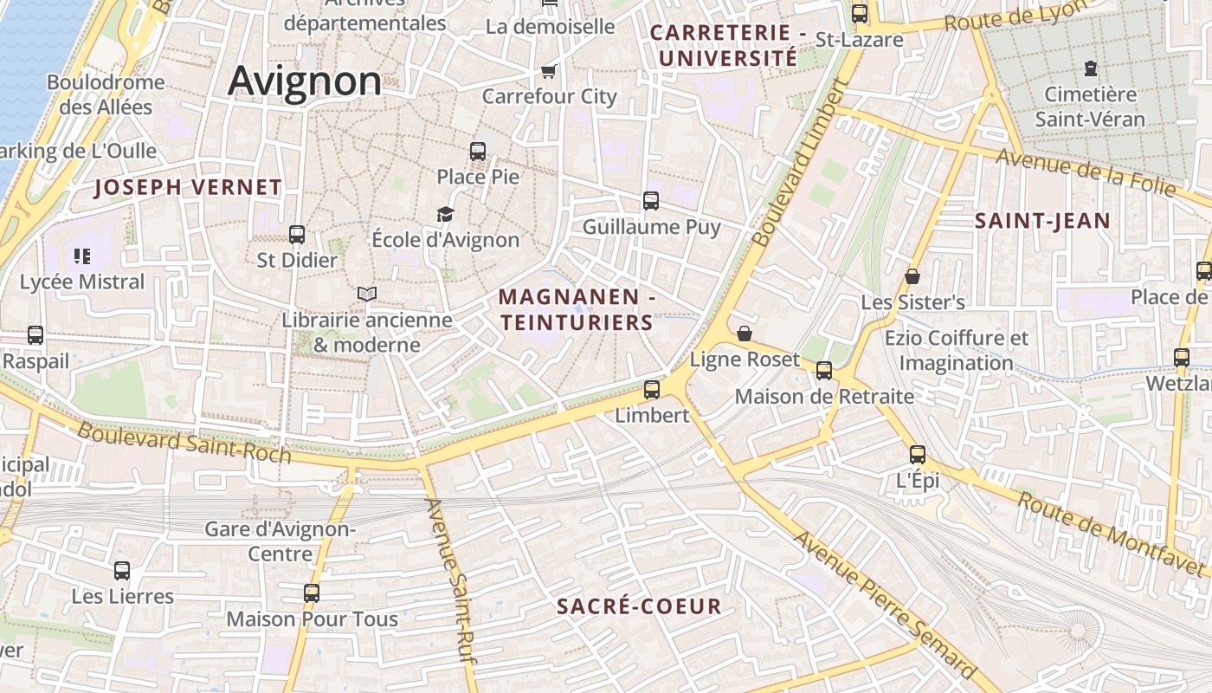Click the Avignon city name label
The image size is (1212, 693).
point(305,81)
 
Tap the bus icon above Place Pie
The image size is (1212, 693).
point(478,152)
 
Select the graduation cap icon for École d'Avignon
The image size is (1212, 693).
point(445,214)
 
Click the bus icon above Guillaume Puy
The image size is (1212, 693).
point(651,201)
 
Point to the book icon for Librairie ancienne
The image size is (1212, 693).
point(367,295)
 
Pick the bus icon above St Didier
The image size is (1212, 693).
point(297,235)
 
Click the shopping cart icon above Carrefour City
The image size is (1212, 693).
point(548,71)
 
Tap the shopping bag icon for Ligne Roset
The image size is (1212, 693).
point(745,334)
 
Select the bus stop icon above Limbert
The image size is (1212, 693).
point(652,390)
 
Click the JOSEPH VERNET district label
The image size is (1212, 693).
point(188,187)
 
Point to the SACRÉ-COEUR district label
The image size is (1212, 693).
point(639,606)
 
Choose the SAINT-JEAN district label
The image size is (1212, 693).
point(1042,221)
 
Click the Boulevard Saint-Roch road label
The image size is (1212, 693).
point(184,442)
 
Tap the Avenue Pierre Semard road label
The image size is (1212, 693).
point(885,604)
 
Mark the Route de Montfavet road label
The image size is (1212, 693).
point(1111,534)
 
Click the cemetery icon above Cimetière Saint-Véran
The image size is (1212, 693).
point(1091,68)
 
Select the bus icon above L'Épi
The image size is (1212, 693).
point(918,454)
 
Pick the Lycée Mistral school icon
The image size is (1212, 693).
point(82,256)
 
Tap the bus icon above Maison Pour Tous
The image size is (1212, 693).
point(312,593)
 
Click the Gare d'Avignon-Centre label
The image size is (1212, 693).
point(280,541)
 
